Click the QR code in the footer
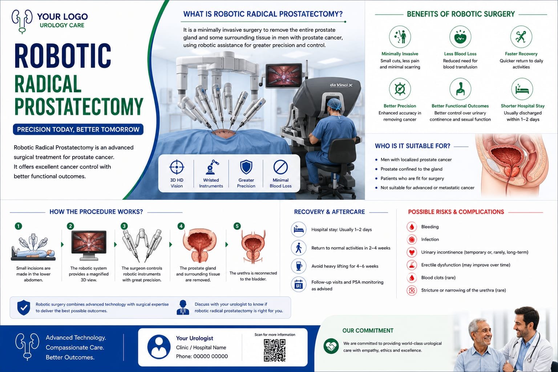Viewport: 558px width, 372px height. [x=275, y=350]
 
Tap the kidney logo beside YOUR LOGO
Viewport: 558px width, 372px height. [x=22, y=21]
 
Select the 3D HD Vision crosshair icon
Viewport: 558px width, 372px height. [x=177, y=167]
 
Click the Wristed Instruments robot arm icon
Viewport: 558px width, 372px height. [x=211, y=167]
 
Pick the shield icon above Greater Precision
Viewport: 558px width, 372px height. [x=246, y=167]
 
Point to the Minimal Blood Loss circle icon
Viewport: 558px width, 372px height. [x=280, y=167]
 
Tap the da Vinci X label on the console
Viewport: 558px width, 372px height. [x=341, y=85]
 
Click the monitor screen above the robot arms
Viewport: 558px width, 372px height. [x=283, y=76]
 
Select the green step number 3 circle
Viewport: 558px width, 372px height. [x=124, y=226]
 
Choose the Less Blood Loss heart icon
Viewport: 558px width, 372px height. [x=460, y=37]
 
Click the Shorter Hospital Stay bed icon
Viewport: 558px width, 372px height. [x=522, y=89]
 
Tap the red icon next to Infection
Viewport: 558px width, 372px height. [x=412, y=239]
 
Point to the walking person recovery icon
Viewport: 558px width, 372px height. [x=298, y=248]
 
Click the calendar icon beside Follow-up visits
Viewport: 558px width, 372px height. [x=298, y=284]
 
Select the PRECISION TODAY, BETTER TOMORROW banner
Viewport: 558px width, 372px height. [x=78, y=129]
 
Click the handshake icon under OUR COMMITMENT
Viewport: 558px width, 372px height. [x=331, y=346]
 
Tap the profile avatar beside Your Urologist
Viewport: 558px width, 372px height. [x=159, y=347]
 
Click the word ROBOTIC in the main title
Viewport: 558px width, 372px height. [x=63, y=56]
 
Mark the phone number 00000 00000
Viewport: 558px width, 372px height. [x=210, y=356]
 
